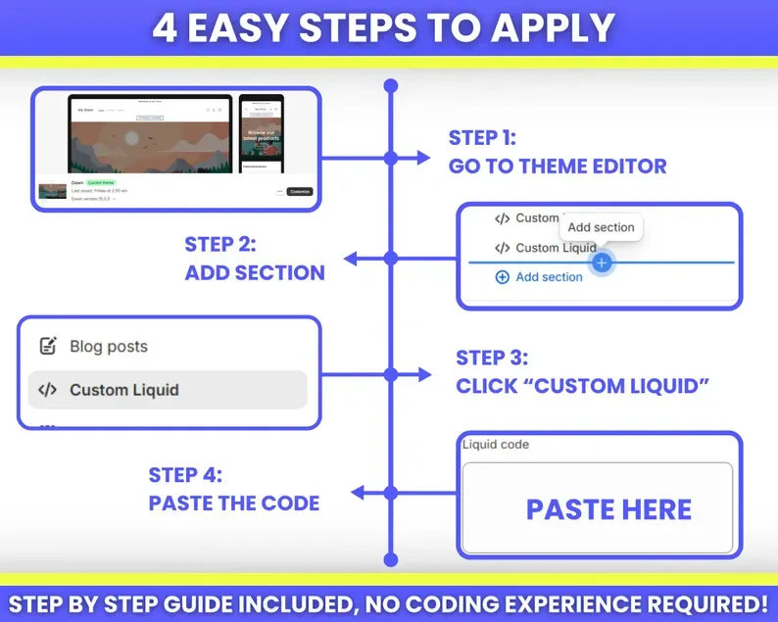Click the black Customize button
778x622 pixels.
click(x=300, y=191)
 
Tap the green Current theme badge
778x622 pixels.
click(x=101, y=183)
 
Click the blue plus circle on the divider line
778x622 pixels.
click(x=602, y=263)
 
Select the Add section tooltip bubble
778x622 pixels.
click(x=601, y=227)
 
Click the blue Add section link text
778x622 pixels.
click(x=549, y=277)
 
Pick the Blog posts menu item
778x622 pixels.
click(x=109, y=347)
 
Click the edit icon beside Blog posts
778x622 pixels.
click(x=47, y=347)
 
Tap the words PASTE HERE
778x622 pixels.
click(x=608, y=509)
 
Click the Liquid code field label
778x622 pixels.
click(x=496, y=445)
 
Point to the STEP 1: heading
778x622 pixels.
click(x=482, y=138)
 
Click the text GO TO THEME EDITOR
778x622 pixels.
click(x=558, y=167)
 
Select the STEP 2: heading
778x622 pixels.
click(x=219, y=245)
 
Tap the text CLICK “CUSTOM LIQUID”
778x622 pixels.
click(x=582, y=386)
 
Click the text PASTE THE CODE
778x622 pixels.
click(x=233, y=503)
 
